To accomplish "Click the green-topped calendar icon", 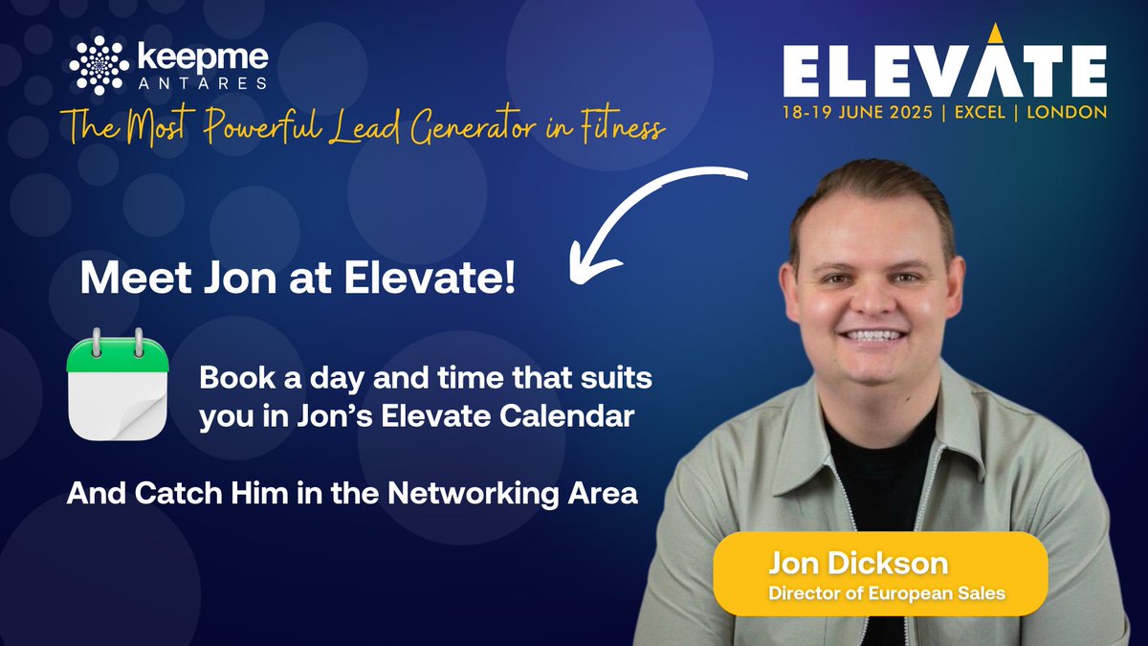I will tap(118, 383).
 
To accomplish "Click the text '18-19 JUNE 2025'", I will tap(851, 111).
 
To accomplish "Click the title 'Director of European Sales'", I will tap(886, 593).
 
